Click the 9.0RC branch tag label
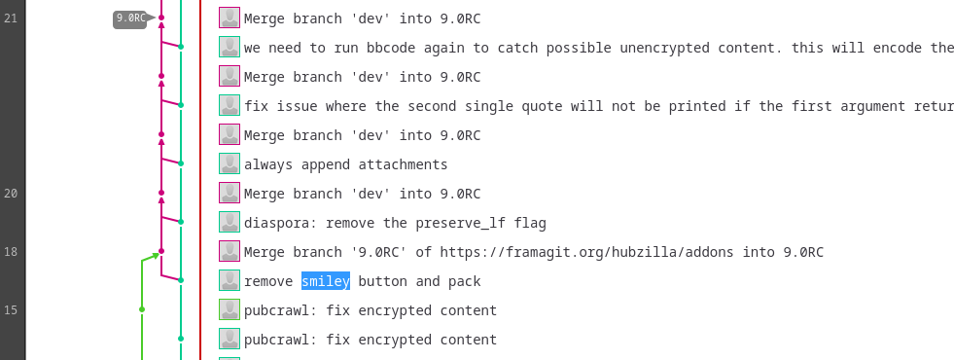point(131,18)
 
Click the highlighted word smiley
point(326,281)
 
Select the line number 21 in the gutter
point(11,18)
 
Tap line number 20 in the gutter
point(11,194)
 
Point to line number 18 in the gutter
point(11,252)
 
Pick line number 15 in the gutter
point(11,310)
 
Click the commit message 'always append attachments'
point(345,164)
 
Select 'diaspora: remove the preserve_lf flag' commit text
point(395,223)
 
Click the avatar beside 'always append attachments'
point(230,163)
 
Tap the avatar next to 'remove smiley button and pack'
point(230,281)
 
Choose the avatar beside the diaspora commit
point(230,223)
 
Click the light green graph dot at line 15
point(142,309)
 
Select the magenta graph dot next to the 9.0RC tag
point(161,18)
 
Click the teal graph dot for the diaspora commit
point(181,222)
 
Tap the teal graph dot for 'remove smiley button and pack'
point(181,280)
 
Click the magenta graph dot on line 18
point(161,251)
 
